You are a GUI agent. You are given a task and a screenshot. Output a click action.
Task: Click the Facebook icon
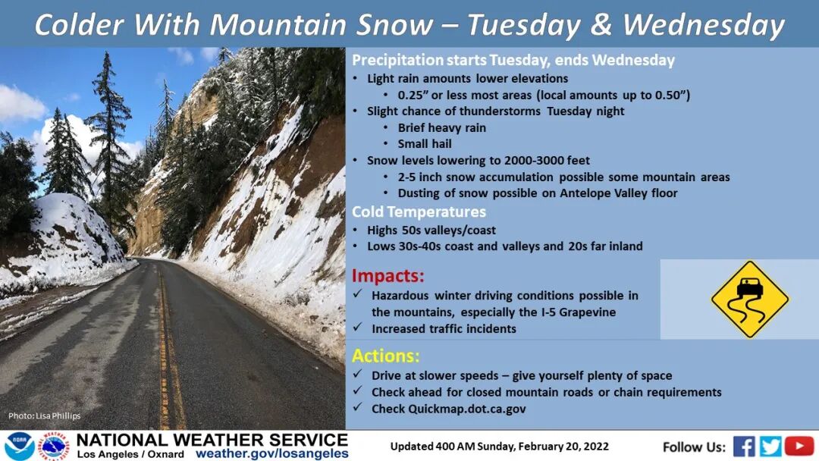coord(744,447)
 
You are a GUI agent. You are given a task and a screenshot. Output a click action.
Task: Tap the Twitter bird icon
coord(770,447)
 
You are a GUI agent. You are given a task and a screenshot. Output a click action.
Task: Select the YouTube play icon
coord(799,447)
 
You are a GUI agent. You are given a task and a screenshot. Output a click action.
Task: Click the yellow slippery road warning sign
coord(750,299)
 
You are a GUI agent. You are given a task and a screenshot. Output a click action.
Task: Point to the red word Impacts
coord(388,275)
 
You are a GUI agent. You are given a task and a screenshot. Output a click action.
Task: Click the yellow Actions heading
coord(385,356)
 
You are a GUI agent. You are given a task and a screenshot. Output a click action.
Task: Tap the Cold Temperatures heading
coord(419,212)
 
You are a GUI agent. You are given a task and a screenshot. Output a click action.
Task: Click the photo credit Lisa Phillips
coord(45,416)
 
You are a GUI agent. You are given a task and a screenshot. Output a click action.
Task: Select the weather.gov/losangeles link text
coord(272,453)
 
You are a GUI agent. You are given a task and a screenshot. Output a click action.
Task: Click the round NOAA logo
coord(19,447)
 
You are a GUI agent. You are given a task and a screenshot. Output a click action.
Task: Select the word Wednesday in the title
coord(704,24)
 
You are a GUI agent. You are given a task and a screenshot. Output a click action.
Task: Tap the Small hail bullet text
coord(425,144)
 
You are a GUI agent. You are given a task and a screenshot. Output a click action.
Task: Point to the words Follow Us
coord(694,447)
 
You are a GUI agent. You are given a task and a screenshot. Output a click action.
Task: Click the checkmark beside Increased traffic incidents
coord(357,328)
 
